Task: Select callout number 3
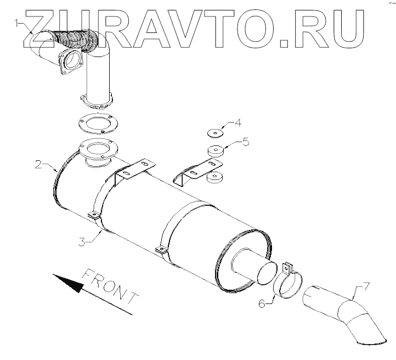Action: pos(81,241)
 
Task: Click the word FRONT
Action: pos(110,287)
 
